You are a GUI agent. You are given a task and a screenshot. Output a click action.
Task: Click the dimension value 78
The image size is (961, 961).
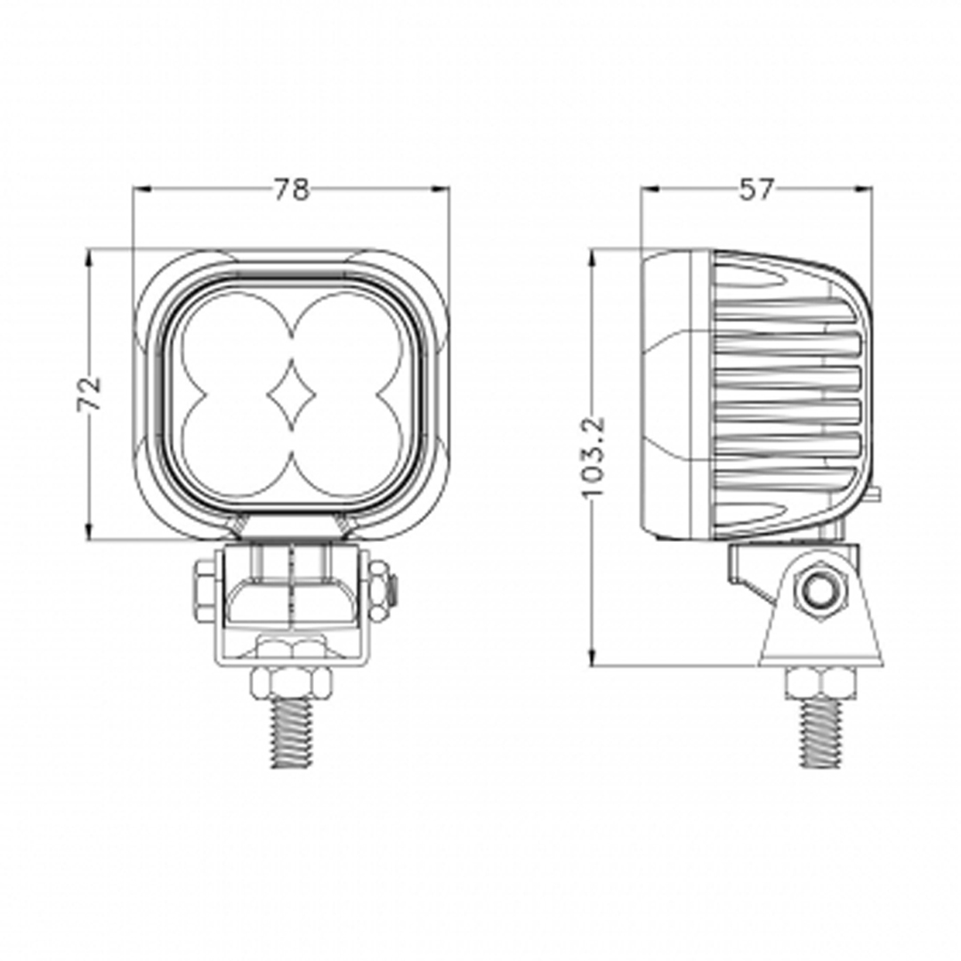[x=291, y=189]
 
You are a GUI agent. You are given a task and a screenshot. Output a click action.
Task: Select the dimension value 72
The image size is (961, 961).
[x=90, y=393]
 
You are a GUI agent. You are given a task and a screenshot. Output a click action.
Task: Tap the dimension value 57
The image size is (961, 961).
[x=756, y=189]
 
